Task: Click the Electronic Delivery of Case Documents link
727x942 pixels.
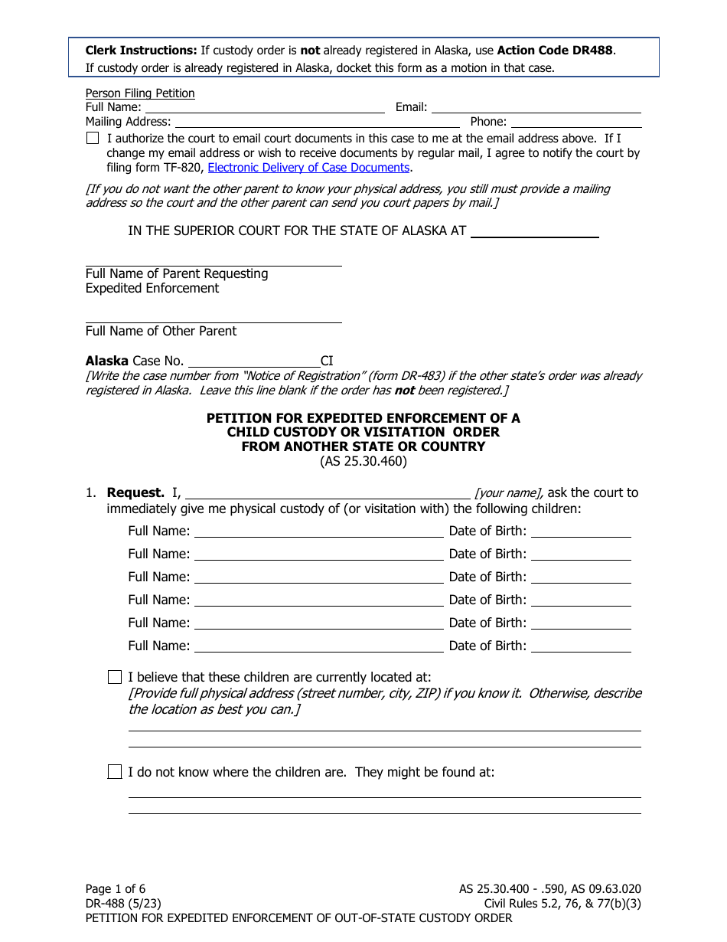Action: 308,168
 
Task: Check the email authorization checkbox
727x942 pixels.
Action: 93,139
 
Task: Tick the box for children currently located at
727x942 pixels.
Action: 115,677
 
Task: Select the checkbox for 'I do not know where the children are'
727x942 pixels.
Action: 115,772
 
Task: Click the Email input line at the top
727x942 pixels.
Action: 536,108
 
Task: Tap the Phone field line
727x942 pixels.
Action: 575,122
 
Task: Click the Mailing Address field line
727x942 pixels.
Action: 317,122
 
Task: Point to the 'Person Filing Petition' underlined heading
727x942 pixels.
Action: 140,93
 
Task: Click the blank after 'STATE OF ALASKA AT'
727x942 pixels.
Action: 534,231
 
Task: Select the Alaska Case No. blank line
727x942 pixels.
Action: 253,361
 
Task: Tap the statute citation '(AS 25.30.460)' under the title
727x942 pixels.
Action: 363,461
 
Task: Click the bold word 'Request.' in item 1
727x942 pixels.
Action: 135,492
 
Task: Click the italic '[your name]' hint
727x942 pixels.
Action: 509,493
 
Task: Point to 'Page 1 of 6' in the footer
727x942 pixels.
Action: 116,889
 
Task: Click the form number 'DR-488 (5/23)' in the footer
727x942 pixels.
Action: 123,904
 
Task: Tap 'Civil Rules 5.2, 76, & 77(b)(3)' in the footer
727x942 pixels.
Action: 562,904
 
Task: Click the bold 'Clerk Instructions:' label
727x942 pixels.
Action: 141,51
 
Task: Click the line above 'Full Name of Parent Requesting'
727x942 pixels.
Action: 214,265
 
